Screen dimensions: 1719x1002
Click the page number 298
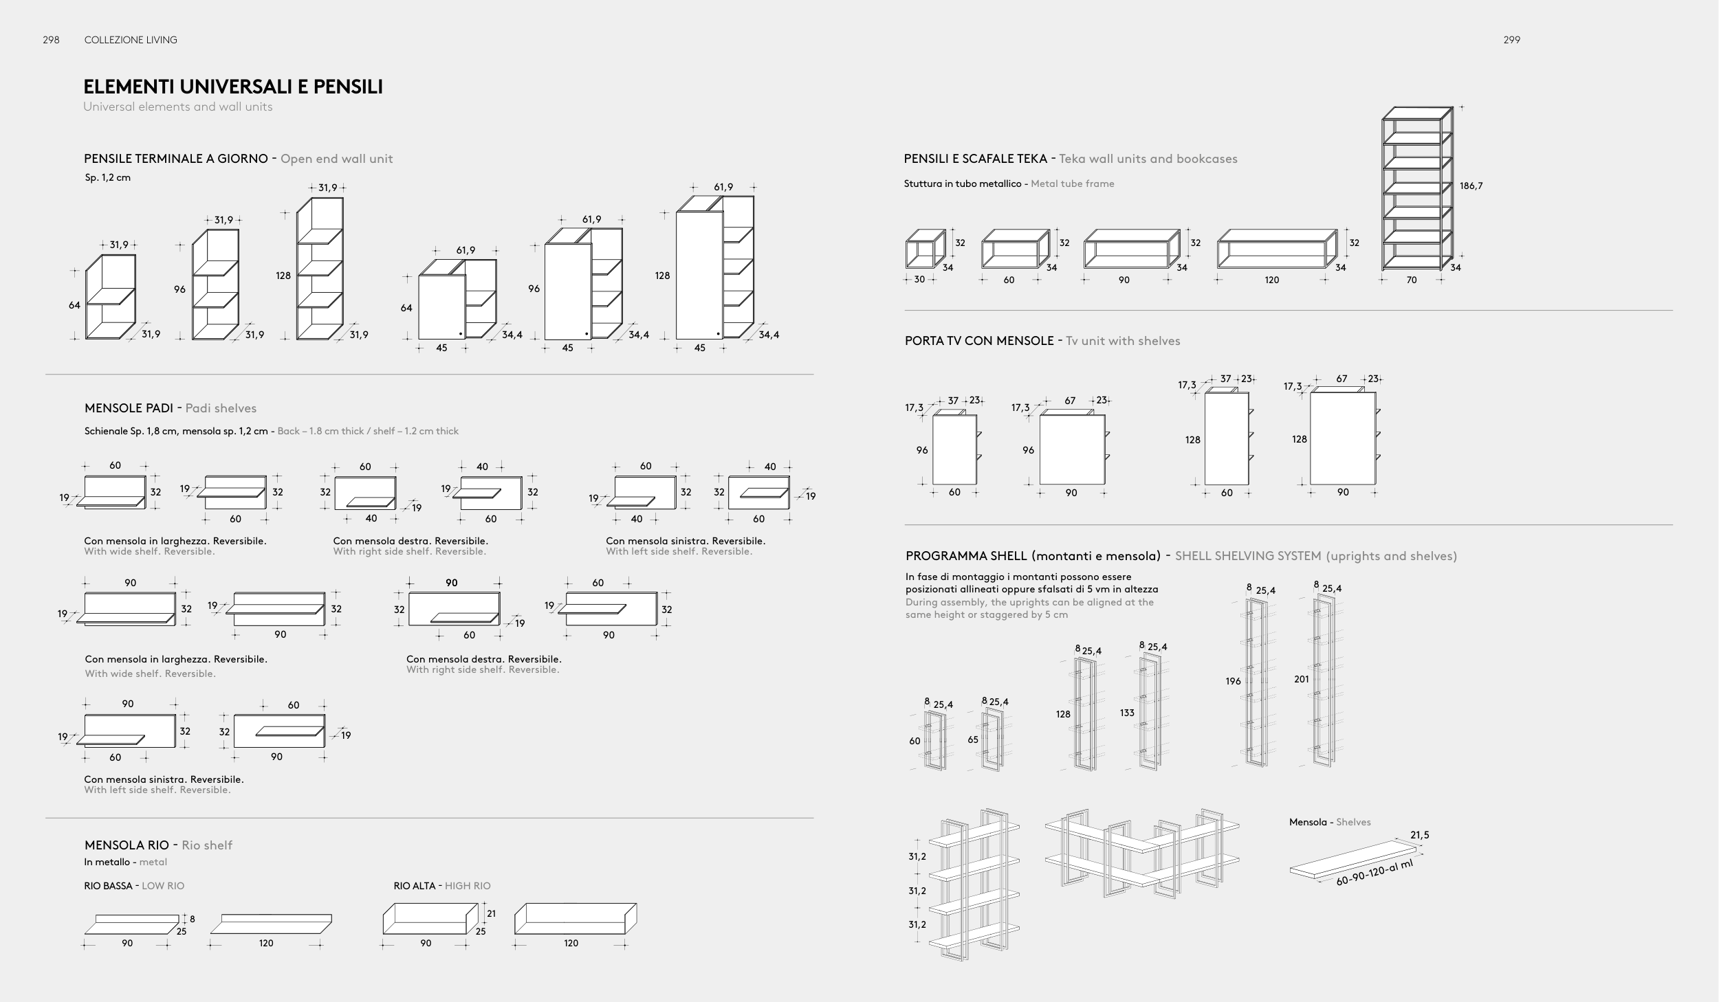[51, 40]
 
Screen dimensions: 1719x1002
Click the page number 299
[1511, 40]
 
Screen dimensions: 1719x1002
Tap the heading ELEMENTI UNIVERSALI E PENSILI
[233, 87]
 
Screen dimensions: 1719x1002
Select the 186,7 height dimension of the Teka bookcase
[1471, 186]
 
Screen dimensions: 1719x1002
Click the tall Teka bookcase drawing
[1417, 188]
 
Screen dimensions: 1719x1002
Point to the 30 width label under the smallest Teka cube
[919, 280]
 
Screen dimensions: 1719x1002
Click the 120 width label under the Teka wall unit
[1272, 280]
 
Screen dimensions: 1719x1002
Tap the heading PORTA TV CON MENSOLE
[979, 341]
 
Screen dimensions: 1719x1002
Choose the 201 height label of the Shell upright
[1302, 679]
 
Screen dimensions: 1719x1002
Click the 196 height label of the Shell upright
[1233, 681]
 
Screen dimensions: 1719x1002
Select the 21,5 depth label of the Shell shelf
[1420, 835]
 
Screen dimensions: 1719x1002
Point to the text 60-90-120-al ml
[1374, 873]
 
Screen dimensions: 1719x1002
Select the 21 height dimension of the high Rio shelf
[491, 913]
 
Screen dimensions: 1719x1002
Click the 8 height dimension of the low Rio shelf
[193, 919]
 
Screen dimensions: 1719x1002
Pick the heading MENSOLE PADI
[129, 408]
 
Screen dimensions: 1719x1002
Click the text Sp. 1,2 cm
[108, 177]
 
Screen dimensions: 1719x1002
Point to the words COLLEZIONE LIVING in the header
[131, 40]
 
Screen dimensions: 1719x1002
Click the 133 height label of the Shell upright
[1127, 713]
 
